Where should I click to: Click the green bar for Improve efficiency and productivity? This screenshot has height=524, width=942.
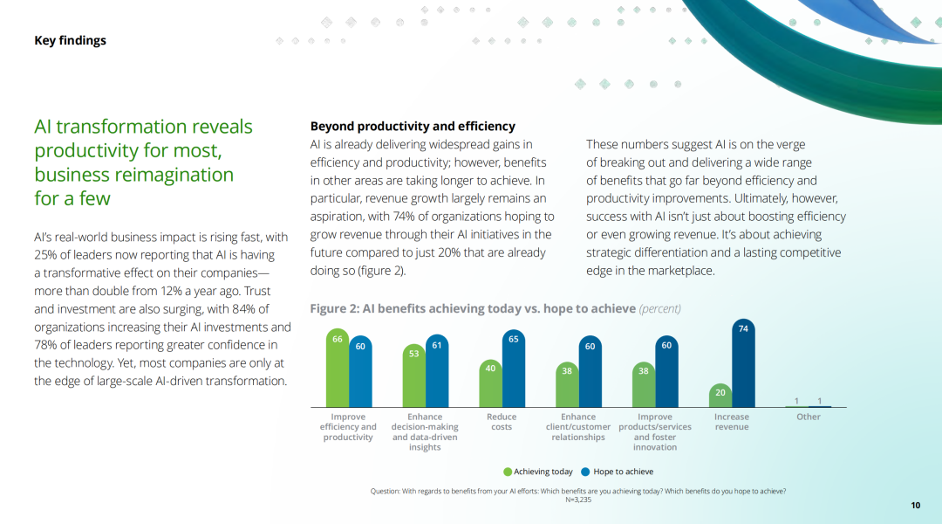pyautogui.click(x=337, y=369)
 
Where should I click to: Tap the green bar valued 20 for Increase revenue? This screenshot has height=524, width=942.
pyautogui.click(x=720, y=396)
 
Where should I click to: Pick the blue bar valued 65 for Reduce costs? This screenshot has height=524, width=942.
pyautogui.click(x=513, y=369)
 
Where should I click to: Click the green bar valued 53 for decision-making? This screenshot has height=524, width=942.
pyautogui.click(x=414, y=376)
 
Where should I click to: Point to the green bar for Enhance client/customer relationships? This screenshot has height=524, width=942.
pyautogui.click(x=567, y=384)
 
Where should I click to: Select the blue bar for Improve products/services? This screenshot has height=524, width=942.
pyautogui.click(x=666, y=371)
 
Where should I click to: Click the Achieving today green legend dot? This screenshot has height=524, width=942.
pyautogui.click(x=508, y=472)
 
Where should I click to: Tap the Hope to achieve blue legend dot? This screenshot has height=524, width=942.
pyautogui.click(x=586, y=472)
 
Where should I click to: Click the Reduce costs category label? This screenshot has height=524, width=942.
pyautogui.click(x=502, y=422)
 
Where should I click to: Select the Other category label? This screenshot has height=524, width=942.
pyautogui.click(x=808, y=417)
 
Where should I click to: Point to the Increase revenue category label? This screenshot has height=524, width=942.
pyautogui.click(x=732, y=422)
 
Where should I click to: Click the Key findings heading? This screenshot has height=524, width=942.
pyautogui.click(x=71, y=40)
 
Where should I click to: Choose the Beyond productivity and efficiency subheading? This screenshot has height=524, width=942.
pyautogui.click(x=413, y=127)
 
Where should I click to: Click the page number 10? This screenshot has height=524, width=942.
pyautogui.click(x=916, y=506)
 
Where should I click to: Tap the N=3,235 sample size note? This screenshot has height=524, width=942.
pyautogui.click(x=578, y=500)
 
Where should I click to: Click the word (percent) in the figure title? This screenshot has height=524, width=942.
pyautogui.click(x=659, y=308)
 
